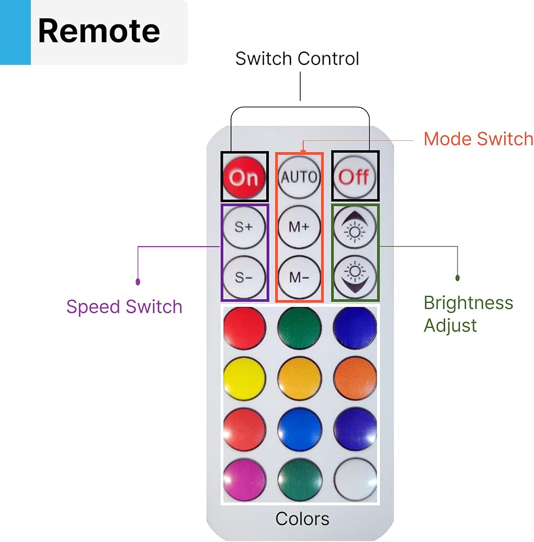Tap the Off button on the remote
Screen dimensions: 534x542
(355, 177)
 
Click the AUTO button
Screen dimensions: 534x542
(299, 177)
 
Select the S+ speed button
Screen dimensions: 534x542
(244, 227)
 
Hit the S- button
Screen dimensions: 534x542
(244, 278)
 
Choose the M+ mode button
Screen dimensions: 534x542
(299, 227)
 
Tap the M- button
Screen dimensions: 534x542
(299, 278)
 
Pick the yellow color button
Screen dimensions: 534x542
(244, 378)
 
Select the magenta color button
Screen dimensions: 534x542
(244, 480)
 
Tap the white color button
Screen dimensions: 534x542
(355, 480)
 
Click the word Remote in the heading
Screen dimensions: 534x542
(99, 31)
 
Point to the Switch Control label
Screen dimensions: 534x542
(297, 59)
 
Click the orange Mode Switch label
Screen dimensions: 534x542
(478, 139)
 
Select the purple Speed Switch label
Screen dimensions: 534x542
(124, 307)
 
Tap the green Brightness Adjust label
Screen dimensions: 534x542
(468, 314)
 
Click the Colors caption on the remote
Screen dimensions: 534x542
(302, 519)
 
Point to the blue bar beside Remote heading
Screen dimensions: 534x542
(15, 33)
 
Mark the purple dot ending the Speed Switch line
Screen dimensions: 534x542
(138, 282)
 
